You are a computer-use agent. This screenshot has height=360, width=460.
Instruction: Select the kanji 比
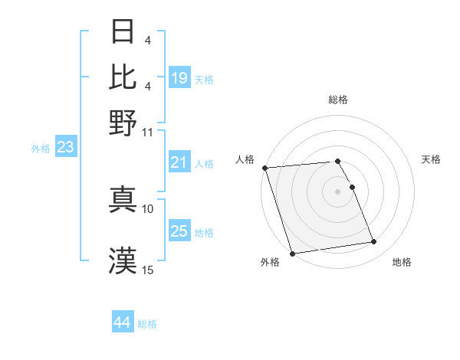click(123, 77)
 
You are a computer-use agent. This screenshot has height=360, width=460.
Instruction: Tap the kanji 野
click(123, 123)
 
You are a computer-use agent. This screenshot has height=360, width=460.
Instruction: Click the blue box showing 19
click(179, 78)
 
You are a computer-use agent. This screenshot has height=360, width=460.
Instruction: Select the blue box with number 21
click(179, 162)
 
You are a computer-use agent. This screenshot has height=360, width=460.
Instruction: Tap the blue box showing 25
click(179, 232)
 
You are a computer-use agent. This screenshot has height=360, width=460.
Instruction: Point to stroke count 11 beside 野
click(148, 131)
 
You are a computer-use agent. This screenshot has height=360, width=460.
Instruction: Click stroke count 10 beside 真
click(148, 208)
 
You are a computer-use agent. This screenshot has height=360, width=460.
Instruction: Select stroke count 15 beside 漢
click(148, 269)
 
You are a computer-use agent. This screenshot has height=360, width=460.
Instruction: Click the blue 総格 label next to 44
click(147, 324)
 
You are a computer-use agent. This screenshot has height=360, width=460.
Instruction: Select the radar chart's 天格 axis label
click(431, 159)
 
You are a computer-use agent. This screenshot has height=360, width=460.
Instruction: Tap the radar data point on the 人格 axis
click(265, 168)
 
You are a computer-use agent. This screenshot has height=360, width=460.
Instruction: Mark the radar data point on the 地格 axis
click(373, 242)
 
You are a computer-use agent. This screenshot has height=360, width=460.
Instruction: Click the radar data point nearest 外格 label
click(292, 254)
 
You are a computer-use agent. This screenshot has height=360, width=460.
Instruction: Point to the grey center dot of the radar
click(337, 191)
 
